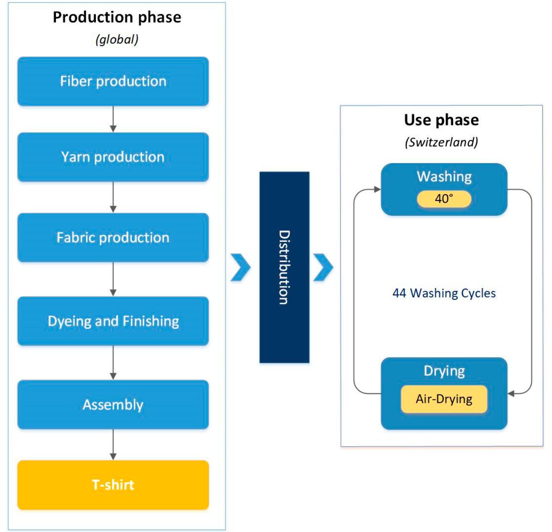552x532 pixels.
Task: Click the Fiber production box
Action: [113, 82]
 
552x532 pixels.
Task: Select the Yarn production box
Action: [113, 157]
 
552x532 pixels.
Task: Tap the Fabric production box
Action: [113, 237]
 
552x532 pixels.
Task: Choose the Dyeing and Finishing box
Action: [113, 321]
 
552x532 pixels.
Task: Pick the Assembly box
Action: [113, 404]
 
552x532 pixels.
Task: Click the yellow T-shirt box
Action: [113, 485]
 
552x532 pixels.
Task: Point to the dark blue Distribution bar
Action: [284, 267]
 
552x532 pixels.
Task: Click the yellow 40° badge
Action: [444, 199]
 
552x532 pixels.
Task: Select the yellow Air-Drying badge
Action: [444, 399]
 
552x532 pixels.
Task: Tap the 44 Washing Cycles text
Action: [444, 293]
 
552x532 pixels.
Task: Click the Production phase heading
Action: [117, 18]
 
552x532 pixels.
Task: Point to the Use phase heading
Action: [441, 120]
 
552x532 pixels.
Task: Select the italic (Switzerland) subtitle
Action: [441, 142]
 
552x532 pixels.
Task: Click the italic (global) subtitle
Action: [117, 40]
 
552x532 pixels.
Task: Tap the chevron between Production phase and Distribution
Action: [241, 267]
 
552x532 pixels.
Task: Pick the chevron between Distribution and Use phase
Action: [323, 267]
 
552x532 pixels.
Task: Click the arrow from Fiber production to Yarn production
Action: [113, 119]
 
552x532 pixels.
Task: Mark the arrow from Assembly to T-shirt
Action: [113, 444]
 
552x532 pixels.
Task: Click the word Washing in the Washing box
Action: [444, 176]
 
